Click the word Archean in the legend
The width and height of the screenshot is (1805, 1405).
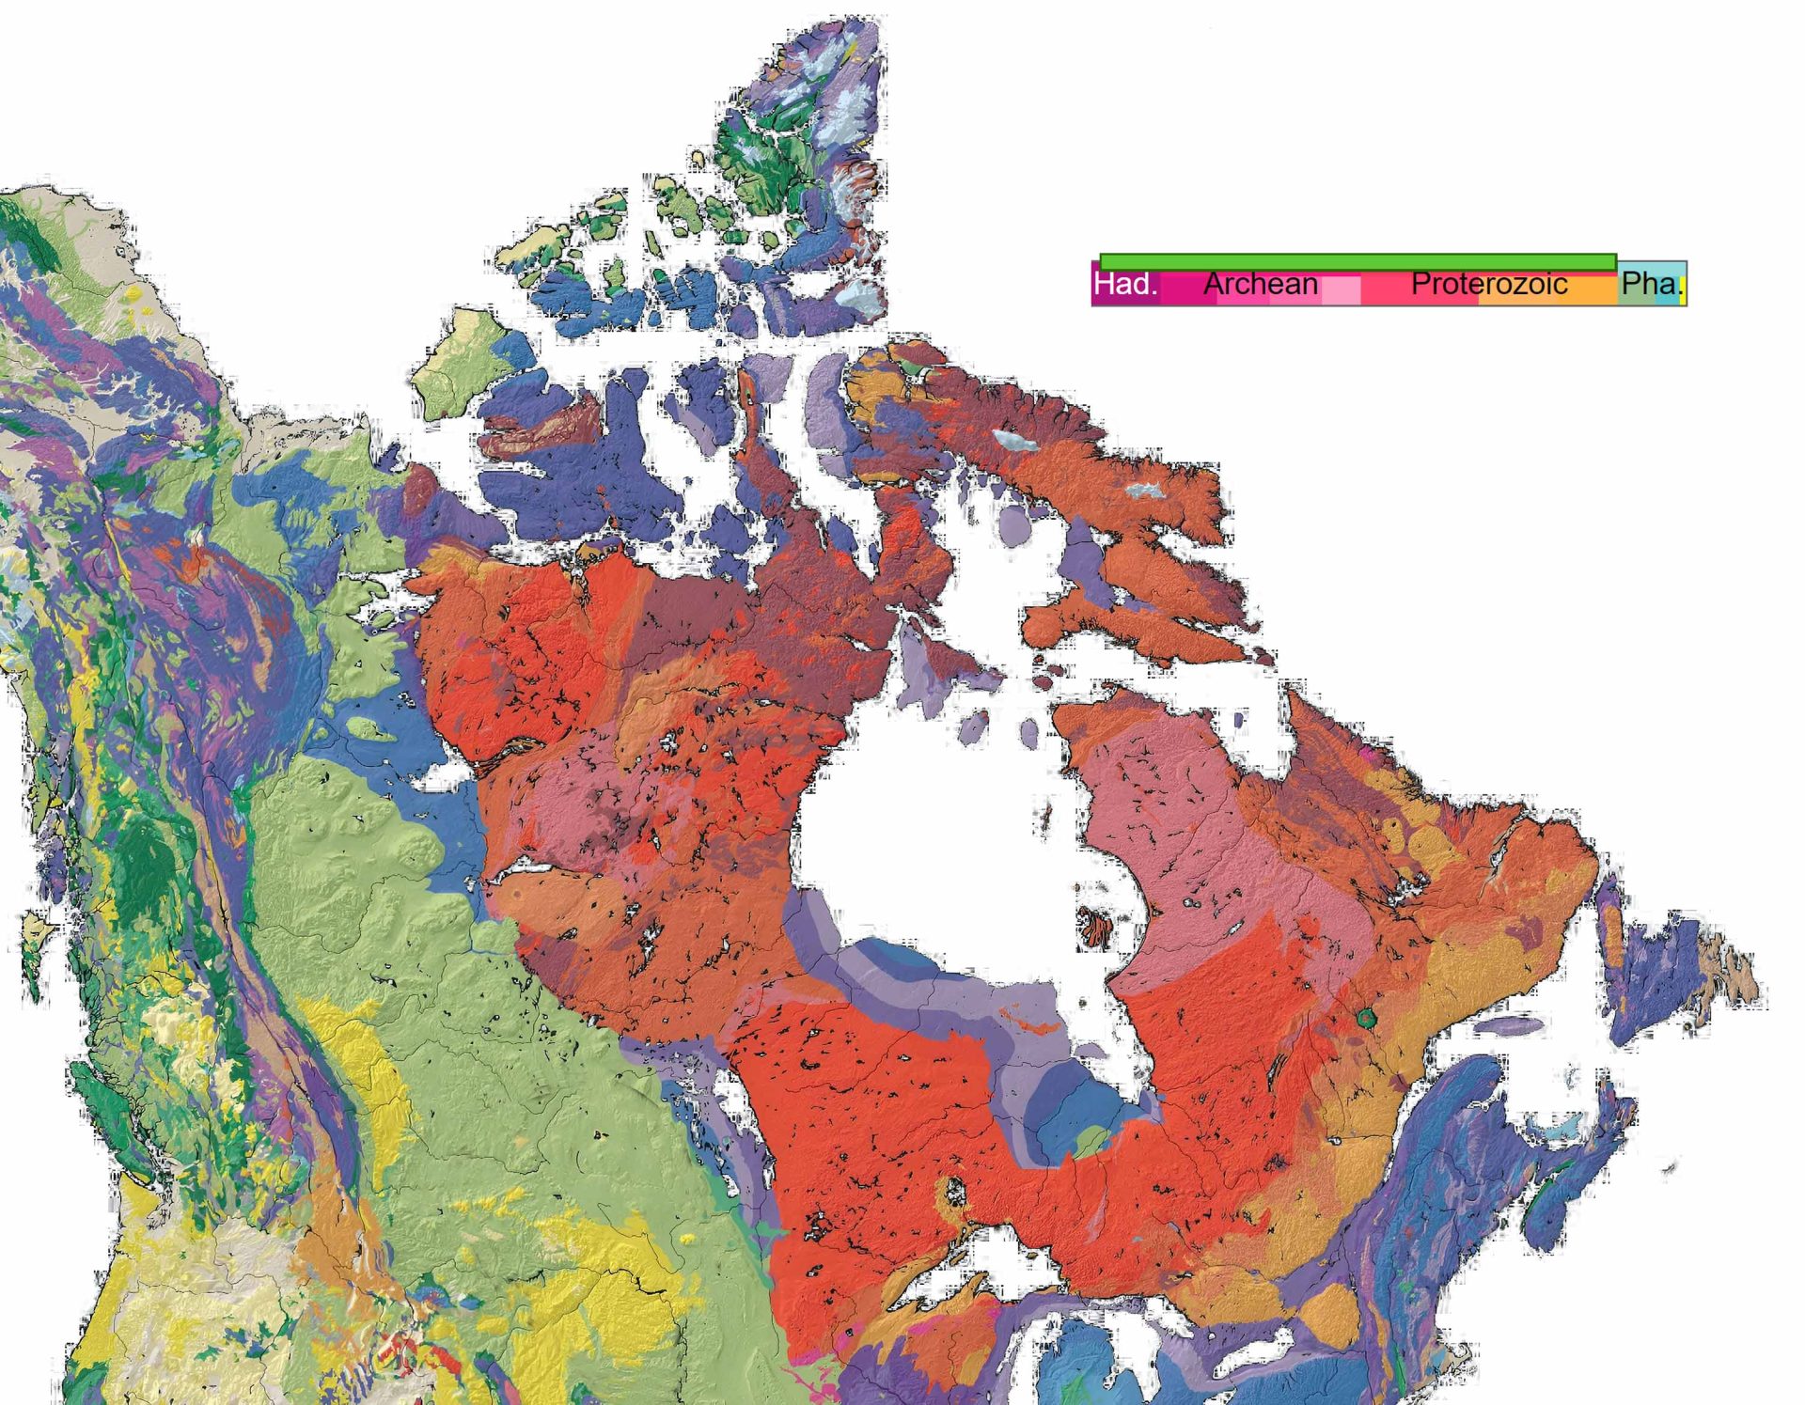tap(1260, 284)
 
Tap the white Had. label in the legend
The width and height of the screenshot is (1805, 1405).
tap(1125, 284)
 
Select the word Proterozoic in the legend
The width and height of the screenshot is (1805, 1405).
tap(1488, 284)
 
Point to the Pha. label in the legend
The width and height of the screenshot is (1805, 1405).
tap(1650, 284)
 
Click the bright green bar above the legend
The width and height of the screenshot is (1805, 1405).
tap(1357, 261)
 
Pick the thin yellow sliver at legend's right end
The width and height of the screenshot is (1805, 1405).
tap(1682, 288)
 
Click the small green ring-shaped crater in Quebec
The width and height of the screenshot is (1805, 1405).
tap(1367, 1017)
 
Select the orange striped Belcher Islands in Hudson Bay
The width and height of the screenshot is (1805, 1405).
tap(1096, 927)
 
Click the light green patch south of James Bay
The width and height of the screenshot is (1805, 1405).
tap(1089, 1143)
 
